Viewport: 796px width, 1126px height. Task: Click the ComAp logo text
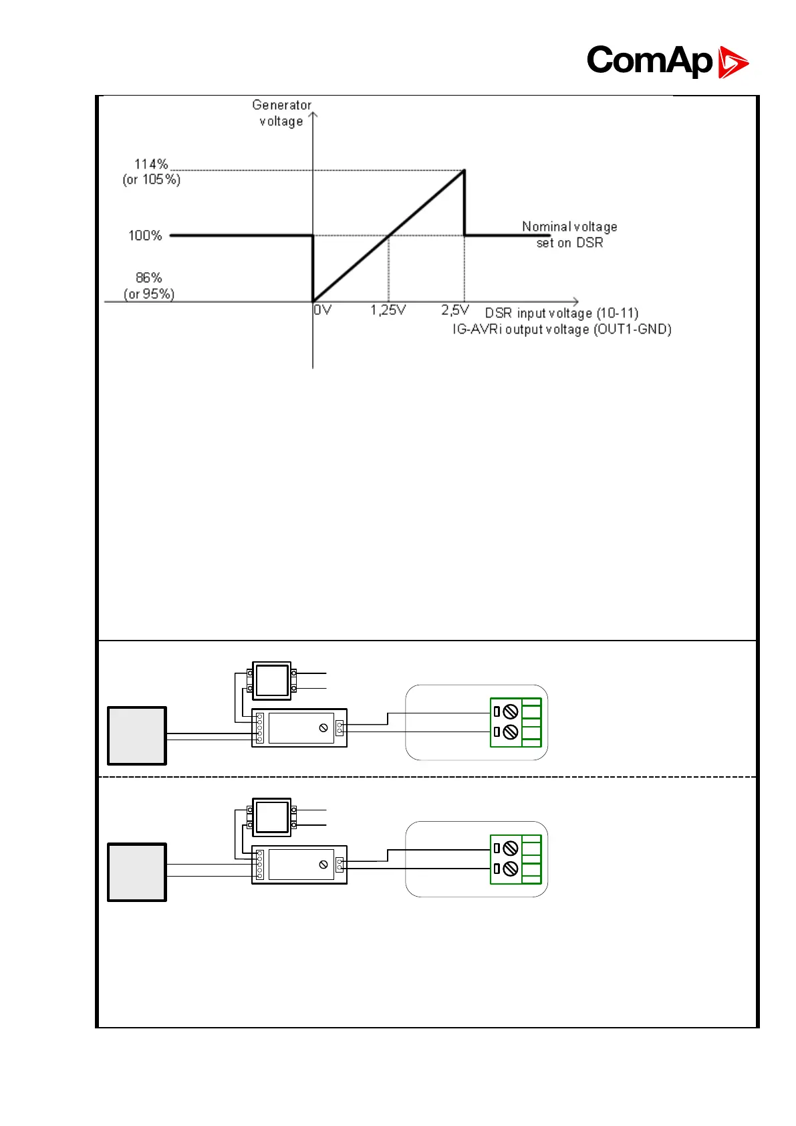coord(649,61)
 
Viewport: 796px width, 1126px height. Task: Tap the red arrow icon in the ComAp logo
coord(733,62)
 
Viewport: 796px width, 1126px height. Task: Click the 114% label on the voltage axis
coord(151,164)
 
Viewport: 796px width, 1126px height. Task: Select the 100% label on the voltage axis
coord(145,235)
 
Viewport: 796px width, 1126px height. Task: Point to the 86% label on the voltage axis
coord(149,277)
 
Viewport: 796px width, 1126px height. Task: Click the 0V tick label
coord(323,310)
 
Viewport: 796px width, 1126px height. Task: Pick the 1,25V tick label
coord(388,310)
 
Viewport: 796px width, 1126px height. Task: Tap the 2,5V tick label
coord(455,310)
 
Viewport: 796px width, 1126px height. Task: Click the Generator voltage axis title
coord(281,113)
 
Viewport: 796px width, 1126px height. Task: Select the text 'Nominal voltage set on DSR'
coord(569,235)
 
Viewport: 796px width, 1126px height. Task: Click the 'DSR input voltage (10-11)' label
coord(561,313)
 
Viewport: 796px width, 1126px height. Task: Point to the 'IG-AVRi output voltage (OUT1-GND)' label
coord(561,329)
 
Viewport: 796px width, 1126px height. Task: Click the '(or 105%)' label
coord(152,180)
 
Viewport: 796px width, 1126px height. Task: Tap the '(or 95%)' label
coord(149,294)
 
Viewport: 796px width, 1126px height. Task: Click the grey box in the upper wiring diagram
coord(137,736)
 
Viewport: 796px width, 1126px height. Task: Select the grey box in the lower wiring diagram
coord(137,873)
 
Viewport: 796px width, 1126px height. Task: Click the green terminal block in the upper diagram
coord(516,722)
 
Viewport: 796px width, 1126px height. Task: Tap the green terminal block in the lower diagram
coord(516,859)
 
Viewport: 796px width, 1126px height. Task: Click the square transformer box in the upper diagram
coord(271,681)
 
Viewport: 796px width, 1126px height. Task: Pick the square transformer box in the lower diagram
coord(271,817)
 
